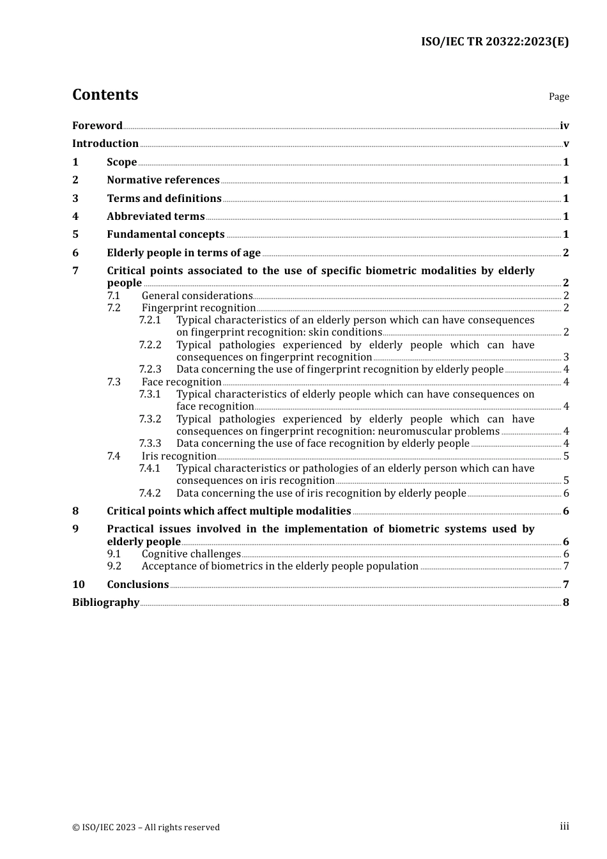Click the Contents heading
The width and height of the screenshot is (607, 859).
tap(105, 95)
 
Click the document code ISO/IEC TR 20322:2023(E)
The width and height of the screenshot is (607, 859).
tap(495, 42)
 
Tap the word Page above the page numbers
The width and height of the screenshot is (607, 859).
tap(558, 97)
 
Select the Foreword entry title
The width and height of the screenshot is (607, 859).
tap(97, 126)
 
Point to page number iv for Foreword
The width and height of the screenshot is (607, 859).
tap(564, 126)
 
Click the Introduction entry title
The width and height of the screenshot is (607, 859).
tap(105, 144)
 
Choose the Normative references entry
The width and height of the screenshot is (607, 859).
tap(163, 180)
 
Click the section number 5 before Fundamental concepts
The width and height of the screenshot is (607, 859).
tap(75, 235)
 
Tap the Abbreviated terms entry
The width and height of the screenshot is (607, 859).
tap(156, 217)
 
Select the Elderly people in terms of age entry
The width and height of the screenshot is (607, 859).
tap(183, 253)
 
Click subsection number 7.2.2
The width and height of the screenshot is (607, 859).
tap(150, 345)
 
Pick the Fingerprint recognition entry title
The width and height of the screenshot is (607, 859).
tap(199, 308)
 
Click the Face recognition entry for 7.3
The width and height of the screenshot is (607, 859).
tap(181, 382)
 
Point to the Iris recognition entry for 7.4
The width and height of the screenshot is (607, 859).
tap(179, 456)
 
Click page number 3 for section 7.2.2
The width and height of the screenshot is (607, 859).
tap(566, 357)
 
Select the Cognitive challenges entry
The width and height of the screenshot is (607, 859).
tap(191, 554)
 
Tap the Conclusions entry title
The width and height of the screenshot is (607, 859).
tap(137, 585)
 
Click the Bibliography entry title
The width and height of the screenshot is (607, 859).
tap(105, 603)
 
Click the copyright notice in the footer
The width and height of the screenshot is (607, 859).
tap(146, 828)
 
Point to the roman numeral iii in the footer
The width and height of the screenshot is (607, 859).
tap(564, 827)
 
